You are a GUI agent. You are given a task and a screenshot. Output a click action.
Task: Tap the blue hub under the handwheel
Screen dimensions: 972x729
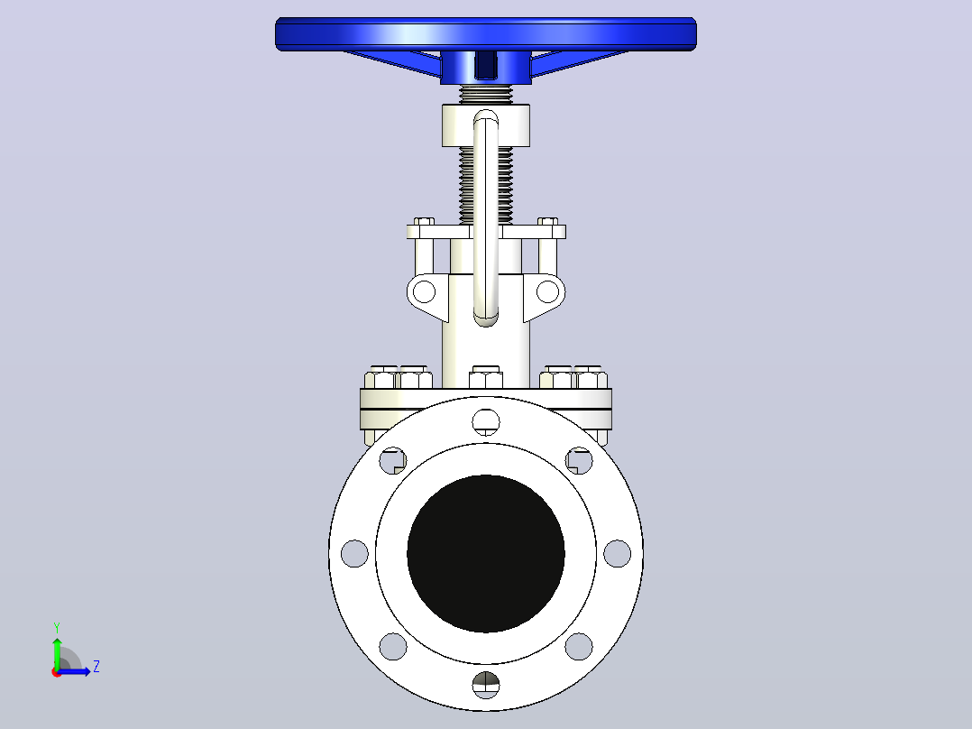(x=486, y=67)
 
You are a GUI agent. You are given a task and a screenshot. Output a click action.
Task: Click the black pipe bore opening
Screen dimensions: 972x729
(x=486, y=553)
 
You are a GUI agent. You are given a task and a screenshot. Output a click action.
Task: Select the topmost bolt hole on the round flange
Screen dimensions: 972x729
(x=486, y=422)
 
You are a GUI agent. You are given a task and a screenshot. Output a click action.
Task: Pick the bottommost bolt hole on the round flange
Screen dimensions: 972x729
(x=486, y=685)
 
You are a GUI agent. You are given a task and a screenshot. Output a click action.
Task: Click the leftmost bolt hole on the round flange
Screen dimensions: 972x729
(x=354, y=553)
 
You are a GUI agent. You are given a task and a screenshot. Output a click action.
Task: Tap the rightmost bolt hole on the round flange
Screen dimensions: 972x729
(x=618, y=553)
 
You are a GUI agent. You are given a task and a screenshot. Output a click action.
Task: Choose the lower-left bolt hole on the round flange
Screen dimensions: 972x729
(x=393, y=647)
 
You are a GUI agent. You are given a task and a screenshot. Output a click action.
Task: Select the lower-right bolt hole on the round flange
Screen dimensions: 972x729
(x=579, y=647)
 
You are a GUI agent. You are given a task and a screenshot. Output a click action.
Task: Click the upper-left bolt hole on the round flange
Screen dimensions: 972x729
(x=393, y=460)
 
